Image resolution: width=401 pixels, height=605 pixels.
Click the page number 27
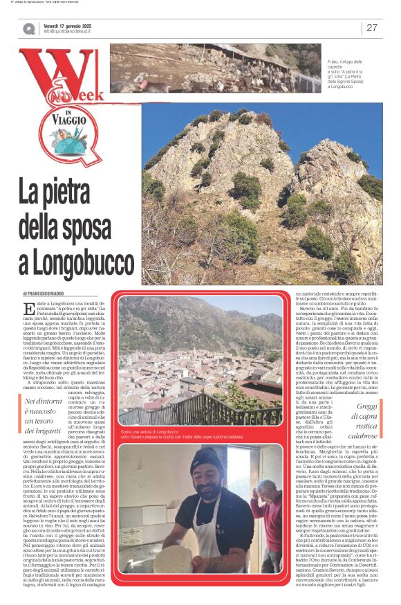(x=372, y=28)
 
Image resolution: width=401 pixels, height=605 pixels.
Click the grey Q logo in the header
(x=28, y=28)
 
